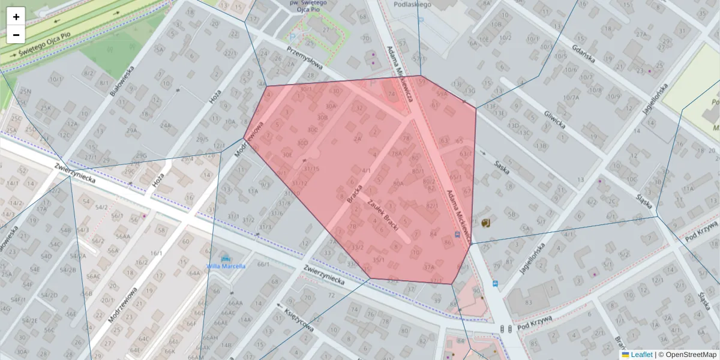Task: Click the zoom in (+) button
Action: (x=16, y=17)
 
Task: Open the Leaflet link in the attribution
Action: (x=641, y=355)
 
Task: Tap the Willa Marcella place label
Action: (x=226, y=266)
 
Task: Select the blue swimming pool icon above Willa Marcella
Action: (x=226, y=259)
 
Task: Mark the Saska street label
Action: (x=502, y=164)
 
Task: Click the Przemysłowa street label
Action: (x=304, y=58)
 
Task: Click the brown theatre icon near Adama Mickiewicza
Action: (x=486, y=223)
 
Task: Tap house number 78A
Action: (x=397, y=154)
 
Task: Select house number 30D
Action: (x=303, y=143)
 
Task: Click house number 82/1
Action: (x=432, y=205)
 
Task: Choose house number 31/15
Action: (x=311, y=169)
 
